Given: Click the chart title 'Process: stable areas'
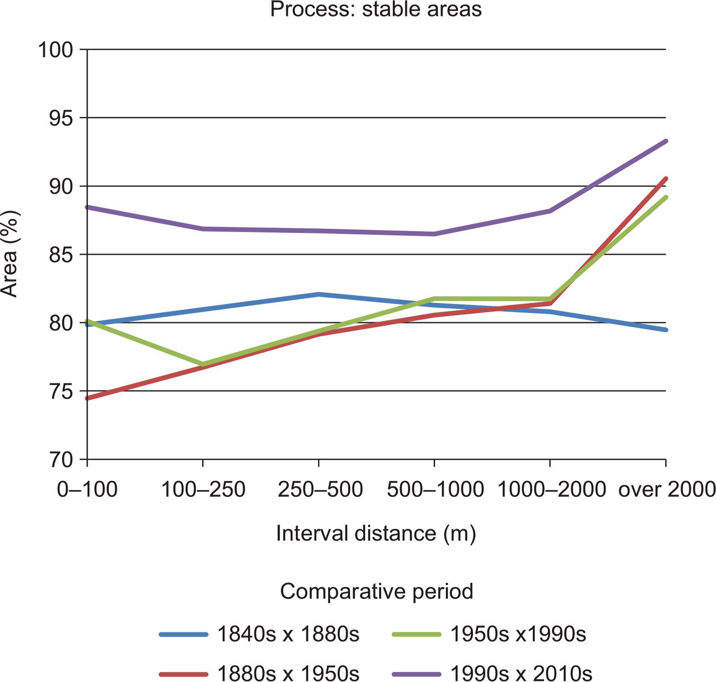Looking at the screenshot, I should (376, 9).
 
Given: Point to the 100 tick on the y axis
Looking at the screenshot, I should (55, 49).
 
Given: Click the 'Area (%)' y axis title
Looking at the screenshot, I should (10, 254).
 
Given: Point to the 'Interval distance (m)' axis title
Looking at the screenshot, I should (376, 533).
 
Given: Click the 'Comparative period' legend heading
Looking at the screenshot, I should (376, 591).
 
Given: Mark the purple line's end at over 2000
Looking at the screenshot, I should (666, 141).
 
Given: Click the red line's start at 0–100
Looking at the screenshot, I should (87, 398).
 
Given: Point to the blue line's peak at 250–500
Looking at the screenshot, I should (319, 294).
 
